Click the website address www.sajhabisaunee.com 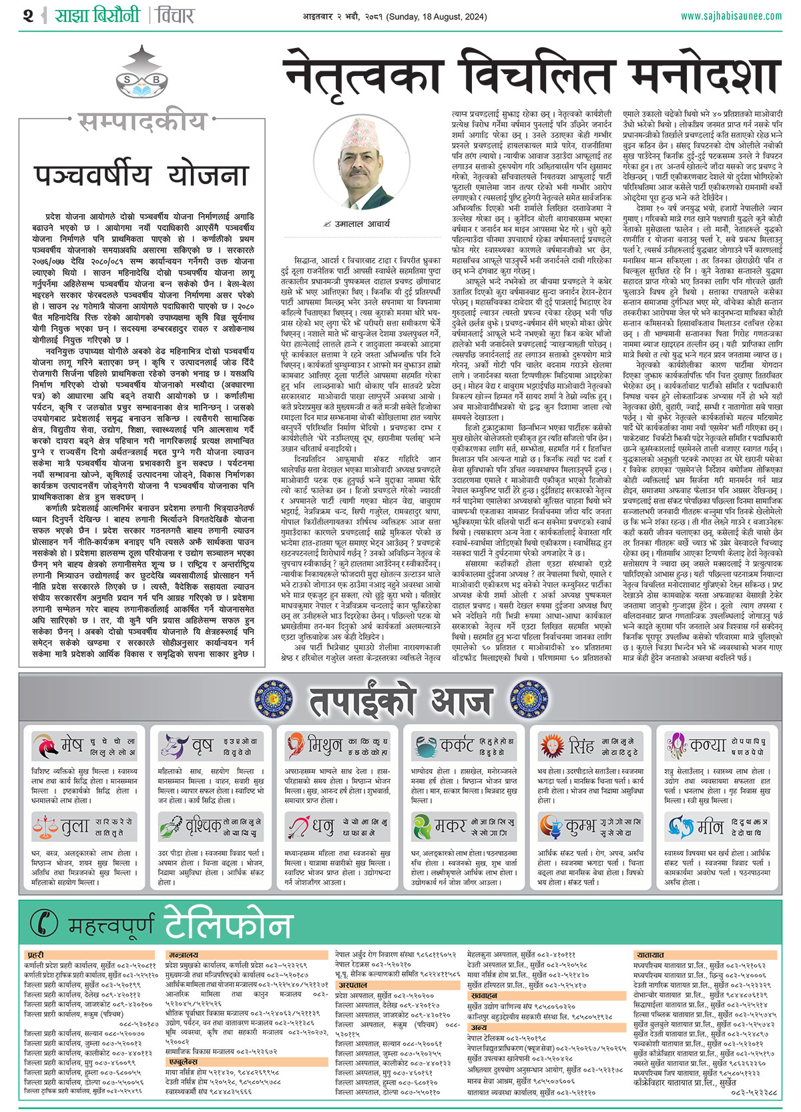click(731, 16)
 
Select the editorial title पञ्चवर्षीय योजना click(141, 175)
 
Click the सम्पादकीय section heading click(142, 121)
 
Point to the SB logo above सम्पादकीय click(142, 73)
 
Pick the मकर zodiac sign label click(450, 827)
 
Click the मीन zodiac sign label click(710, 827)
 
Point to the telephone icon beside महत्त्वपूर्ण click(45, 923)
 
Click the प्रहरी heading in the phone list click(35, 955)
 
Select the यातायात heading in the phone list click(650, 955)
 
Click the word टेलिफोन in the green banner click(228, 923)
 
